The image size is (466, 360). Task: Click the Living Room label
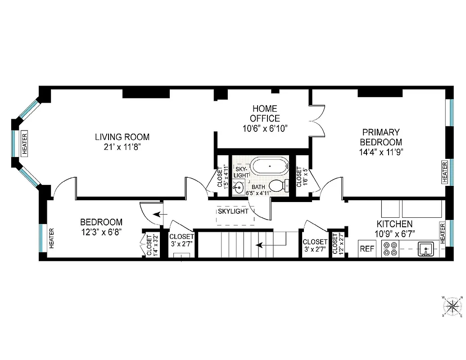122,137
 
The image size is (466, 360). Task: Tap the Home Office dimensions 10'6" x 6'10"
264,128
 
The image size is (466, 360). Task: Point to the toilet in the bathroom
279,185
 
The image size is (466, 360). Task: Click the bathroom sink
238,186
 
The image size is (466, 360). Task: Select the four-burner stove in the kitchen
390,249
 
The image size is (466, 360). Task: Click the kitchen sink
425,248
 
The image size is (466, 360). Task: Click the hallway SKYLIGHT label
233,211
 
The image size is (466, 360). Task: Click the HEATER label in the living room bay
24,144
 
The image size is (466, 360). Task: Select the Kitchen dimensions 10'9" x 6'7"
394,233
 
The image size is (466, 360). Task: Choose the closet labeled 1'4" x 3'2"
149,245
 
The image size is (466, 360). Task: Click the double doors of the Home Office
318,121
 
